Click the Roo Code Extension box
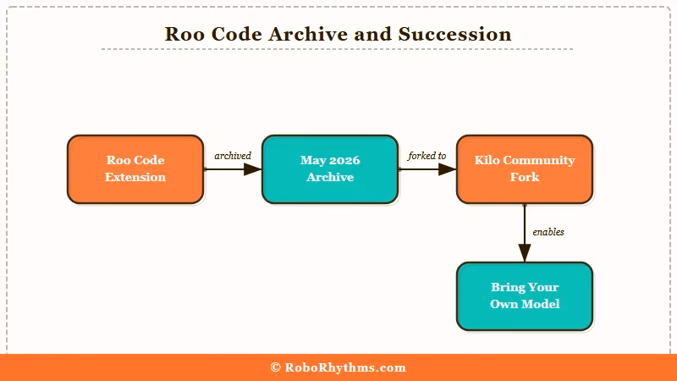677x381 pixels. click(x=135, y=169)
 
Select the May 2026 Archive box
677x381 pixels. click(x=330, y=169)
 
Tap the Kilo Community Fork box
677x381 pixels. click(x=525, y=169)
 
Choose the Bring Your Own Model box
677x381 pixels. click(x=525, y=296)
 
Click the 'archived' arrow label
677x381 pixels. click(x=233, y=156)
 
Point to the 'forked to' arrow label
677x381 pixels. click(x=427, y=156)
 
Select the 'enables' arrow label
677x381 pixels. click(x=548, y=232)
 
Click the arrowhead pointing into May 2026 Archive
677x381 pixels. click(x=253, y=169)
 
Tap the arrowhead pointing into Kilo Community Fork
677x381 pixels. click(x=448, y=169)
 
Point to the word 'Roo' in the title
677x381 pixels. click(x=184, y=35)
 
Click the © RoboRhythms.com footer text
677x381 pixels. click(x=338, y=367)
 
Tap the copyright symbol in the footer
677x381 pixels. click(x=276, y=367)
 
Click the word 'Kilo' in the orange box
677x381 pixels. click(x=489, y=160)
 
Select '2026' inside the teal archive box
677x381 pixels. click(x=344, y=160)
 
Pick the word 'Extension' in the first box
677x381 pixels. click(x=135, y=177)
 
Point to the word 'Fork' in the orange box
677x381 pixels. click(x=525, y=177)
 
